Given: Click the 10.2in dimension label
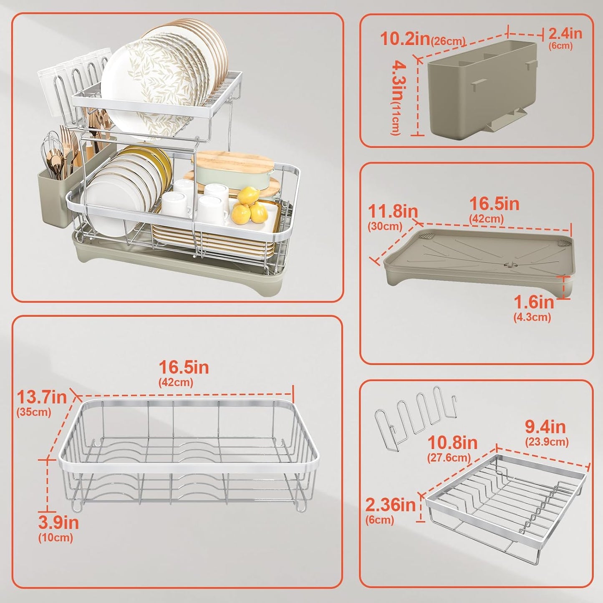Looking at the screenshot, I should click(x=405, y=38).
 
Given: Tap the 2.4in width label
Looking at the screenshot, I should click(x=565, y=33).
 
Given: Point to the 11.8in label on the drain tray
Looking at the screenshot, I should click(x=393, y=211).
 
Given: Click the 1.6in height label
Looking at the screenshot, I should click(x=534, y=302).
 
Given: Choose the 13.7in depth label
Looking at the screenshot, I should click(x=42, y=397).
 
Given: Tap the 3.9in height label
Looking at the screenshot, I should click(x=58, y=522).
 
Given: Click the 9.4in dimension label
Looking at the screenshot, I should click(x=545, y=426).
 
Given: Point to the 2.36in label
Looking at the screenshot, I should click(x=390, y=505).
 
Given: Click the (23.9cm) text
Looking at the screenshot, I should click(x=547, y=442).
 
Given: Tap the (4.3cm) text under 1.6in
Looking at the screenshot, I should click(x=532, y=317).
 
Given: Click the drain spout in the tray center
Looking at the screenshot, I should click(x=510, y=265).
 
